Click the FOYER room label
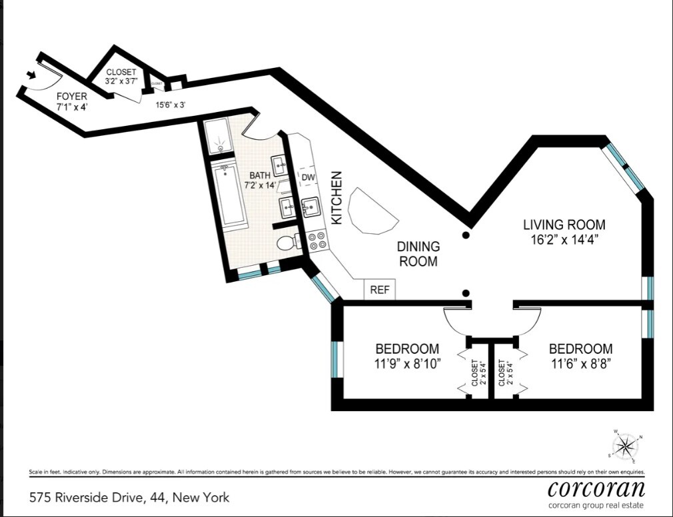tap(71, 97)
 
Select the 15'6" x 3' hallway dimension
tap(171, 105)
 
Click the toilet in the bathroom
tap(288, 243)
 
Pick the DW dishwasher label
tap(308, 178)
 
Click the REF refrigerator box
tap(379, 290)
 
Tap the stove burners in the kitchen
tap(317, 241)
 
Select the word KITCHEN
tap(337, 198)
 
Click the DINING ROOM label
tap(418, 254)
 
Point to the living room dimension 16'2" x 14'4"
tap(564, 240)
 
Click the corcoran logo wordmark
tap(596, 488)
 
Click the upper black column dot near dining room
tap(466, 235)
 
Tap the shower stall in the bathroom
tap(216, 137)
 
